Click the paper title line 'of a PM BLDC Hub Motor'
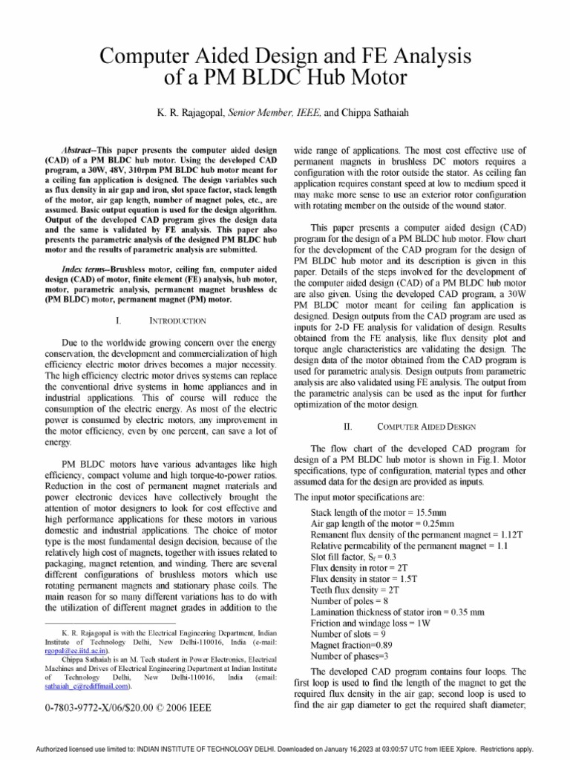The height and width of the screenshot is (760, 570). point(285,78)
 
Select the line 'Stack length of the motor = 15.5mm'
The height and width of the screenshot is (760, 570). point(379,512)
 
